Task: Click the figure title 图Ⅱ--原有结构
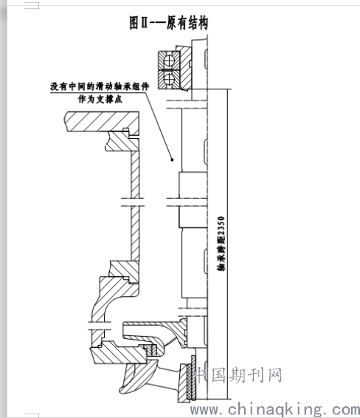click(168, 22)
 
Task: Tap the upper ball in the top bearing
click(168, 61)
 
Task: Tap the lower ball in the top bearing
click(168, 78)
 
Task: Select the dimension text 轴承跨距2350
click(221, 244)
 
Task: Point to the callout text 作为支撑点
click(100, 99)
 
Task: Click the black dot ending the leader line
click(172, 160)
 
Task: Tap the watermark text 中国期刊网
click(238, 375)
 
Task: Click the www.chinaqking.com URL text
click(274, 409)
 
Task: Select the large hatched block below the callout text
click(102, 121)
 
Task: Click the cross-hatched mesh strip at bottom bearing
click(191, 377)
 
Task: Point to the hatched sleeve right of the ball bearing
click(185, 68)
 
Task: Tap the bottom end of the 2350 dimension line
click(227, 399)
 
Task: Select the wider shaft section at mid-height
click(193, 199)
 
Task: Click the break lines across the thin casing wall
click(133, 202)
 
